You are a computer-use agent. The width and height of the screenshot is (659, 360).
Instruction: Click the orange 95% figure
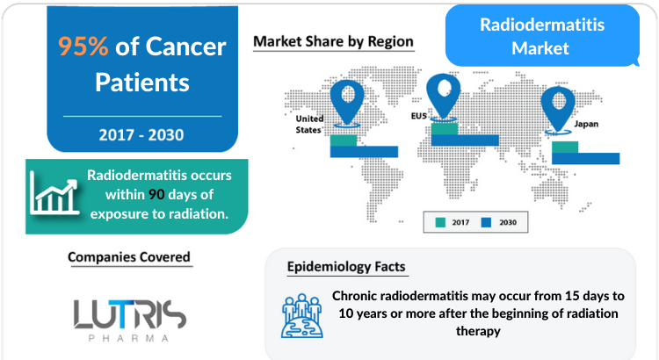[83, 46]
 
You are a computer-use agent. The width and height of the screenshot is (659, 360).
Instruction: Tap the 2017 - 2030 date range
[141, 135]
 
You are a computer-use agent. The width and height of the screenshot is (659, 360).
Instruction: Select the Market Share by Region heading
[333, 41]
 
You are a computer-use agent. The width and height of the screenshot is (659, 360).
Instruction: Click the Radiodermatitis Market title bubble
[542, 36]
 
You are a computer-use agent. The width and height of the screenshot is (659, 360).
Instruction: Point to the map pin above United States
[347, 101]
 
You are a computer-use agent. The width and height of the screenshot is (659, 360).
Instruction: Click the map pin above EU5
[444, 95]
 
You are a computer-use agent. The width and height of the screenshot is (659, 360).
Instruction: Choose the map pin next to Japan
[558, 107]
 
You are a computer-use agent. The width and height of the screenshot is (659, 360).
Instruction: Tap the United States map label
[309, 125]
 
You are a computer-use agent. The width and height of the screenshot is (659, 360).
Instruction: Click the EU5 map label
[419, 116]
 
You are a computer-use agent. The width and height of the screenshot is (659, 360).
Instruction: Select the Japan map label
[586, 124]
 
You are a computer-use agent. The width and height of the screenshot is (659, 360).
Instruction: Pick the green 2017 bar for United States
[344, 140]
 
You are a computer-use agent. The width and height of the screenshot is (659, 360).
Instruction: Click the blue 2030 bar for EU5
[465, 140]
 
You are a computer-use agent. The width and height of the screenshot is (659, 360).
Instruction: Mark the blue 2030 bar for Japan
[585, 158]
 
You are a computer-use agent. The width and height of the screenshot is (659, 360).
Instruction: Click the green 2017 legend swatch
[440, 222]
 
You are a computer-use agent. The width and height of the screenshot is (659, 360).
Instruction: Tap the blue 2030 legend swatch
[486, 222]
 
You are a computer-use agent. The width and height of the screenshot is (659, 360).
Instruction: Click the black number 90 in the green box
[156, 195]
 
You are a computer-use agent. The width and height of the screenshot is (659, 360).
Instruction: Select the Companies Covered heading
[129, 257]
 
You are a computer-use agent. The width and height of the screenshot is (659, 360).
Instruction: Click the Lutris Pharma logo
[129, 320]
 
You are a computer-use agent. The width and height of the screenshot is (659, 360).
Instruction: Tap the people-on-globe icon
[302, 316]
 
